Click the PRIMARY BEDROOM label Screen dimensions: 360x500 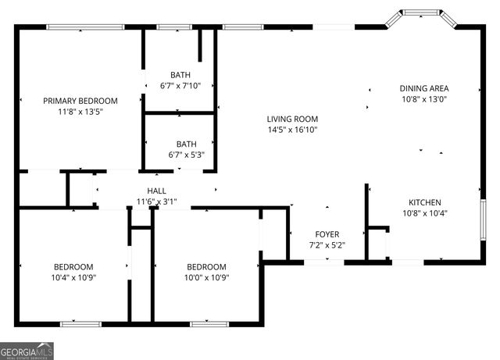tap(80, 101)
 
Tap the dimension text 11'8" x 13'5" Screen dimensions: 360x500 tap(80, 112)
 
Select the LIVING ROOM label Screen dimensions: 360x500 tap(292, 119)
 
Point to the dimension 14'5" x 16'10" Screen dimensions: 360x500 tap(292, 130)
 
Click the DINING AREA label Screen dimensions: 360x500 tap(424, 88)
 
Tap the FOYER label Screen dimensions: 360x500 tap(327, 234)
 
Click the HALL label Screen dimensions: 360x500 tap(157, 191)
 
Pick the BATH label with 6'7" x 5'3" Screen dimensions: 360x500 tap(186, 144)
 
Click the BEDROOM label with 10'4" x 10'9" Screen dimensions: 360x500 tap(73, 266)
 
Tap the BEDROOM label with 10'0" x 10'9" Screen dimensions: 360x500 tap(206, 266)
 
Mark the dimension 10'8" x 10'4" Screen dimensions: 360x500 tap(424, 212)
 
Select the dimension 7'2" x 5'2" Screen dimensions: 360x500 tap(327, 245)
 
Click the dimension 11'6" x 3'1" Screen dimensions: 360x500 tap(157, 201)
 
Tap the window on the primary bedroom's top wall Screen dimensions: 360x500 tap(85, 27)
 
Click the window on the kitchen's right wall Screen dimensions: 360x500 tap(484, 220)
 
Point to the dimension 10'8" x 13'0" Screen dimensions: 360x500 tap(424, 99)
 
